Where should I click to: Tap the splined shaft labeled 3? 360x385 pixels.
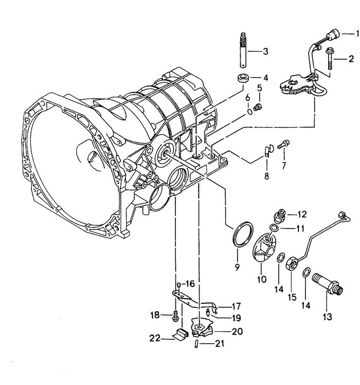(x=243, y=50)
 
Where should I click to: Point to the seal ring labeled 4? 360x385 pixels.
(x=243, y=78)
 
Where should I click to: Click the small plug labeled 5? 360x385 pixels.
(x=258, y=108)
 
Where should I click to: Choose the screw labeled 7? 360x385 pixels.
(x=283, y=144)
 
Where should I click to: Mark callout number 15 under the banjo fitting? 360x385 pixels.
(x=292, y=297)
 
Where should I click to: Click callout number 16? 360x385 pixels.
(x=189, y=284)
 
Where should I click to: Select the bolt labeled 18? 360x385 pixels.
(x=175, y=316)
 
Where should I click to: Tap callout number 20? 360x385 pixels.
(x=237, y=331)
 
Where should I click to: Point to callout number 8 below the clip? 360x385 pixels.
(x=266, y=176)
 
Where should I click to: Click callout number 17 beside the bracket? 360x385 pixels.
(x=236, y=306)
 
